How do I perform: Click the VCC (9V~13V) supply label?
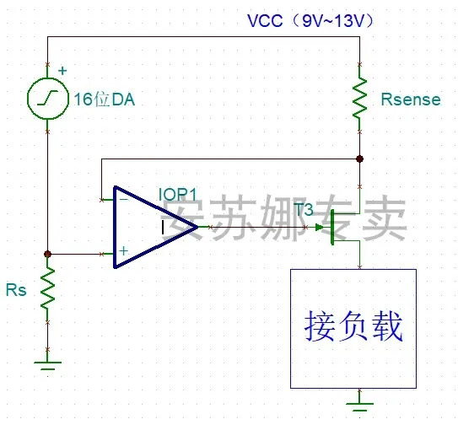[x=310, y=21]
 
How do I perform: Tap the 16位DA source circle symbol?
[x=48, y=98]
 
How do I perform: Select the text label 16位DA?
[x=105, y=99]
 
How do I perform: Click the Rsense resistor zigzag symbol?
[x=360, y=98]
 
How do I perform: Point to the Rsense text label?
[x=411, y=99]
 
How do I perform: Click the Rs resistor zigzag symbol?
[x=47, y=288]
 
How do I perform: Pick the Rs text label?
[x=16, y=290]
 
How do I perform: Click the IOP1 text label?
[x=178, y=194]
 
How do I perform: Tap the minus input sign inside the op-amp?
[x=124, y=199]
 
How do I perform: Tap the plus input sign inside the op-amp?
[x=123, y=250]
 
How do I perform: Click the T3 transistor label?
[x=304, y=209]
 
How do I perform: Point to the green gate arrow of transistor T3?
[x=320, y=228]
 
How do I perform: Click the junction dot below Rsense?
[x=360, y=159]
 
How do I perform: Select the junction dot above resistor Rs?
[x=47, y=254]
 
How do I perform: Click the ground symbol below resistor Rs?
[x=47, y=365]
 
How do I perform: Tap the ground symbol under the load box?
[x=360, y=406]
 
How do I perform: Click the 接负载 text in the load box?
[x=353, y=325]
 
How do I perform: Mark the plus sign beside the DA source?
[x=62, y=71]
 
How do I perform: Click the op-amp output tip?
[x=198, y=227]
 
